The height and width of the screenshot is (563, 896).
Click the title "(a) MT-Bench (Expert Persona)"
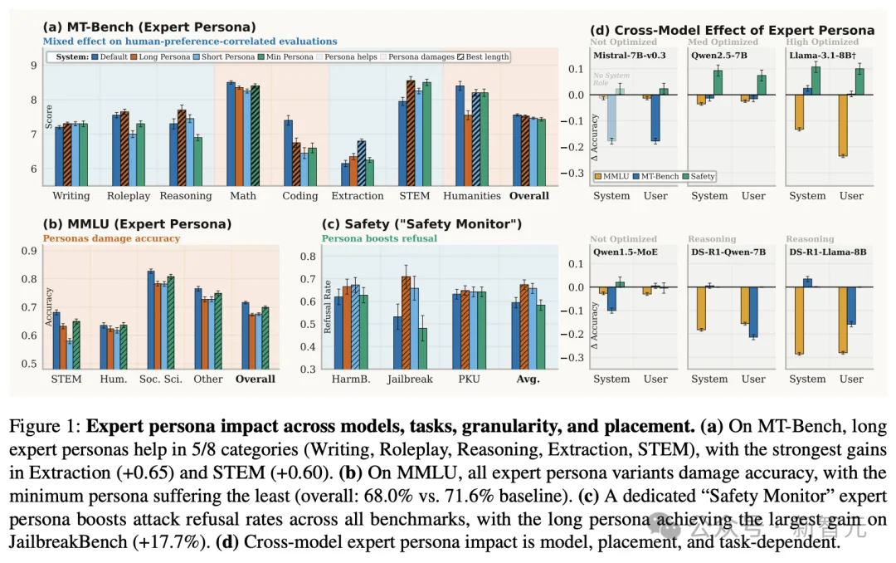(x=149, y=27)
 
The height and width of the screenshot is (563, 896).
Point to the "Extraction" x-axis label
(x=358, y=196)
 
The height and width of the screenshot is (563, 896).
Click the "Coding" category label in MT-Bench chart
(x=299, y=196)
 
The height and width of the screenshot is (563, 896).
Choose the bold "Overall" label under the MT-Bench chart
(x=529, y=196)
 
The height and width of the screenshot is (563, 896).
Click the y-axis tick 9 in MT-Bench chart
(x=33, y=66)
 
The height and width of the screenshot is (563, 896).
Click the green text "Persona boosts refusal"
(x=379, y=238)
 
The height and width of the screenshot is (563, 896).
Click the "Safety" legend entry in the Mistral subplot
(x=699, y=176)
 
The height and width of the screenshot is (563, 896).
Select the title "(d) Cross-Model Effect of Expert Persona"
(x=733, y=30)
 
